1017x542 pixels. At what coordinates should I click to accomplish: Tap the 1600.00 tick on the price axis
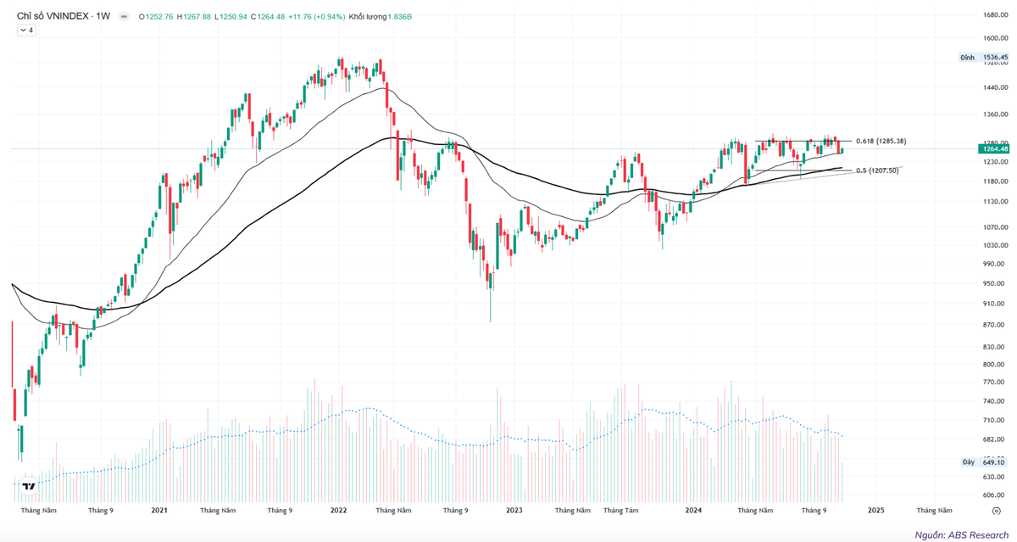994,38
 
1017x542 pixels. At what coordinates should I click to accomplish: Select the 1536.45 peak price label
995,58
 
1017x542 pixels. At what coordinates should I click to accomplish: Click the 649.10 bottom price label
994,462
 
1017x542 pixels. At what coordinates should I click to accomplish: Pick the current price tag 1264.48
995,149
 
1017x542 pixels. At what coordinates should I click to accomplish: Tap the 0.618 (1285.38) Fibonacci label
881,141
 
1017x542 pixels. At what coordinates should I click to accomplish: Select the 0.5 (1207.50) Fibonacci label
879,170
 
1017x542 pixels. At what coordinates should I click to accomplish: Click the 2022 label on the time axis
338,511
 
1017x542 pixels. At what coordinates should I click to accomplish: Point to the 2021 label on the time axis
159,511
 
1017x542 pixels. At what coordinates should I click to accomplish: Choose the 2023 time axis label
514,511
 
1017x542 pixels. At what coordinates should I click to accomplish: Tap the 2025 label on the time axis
875,511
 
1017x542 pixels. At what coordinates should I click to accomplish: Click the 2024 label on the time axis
693,511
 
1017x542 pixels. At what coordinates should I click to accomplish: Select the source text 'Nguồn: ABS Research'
961,535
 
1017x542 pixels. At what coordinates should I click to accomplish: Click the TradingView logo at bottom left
29,486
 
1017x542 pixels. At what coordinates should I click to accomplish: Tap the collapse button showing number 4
26,31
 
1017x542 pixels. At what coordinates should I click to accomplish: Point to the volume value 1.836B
399,16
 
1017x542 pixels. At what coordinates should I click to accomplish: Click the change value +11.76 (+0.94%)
317,16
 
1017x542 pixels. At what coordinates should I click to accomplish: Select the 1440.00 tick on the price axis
994,87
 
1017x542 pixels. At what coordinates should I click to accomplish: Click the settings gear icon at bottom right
996,511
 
